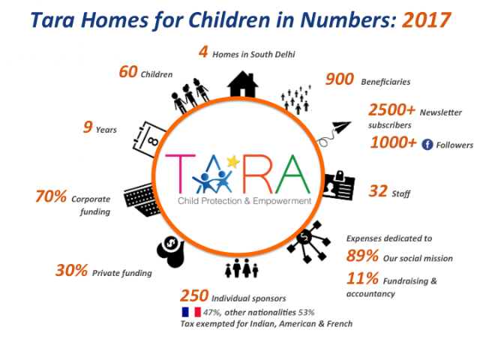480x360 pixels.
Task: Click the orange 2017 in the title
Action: click(x=427, y=20)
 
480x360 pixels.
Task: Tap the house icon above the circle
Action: click(x=242, y=84)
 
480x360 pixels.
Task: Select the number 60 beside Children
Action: click(x=128, y=72)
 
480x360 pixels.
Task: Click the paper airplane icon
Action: click(x=334, y=133)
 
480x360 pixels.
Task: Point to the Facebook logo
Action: click(x=427, y=144)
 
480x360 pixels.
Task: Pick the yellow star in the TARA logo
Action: click(x=232, y=161)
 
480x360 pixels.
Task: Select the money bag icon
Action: click(x=171, y=251)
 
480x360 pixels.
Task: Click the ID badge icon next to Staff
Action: click(x=339, y=186)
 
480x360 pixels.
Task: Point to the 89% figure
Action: click(x=362, y=256)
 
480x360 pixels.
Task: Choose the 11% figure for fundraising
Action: click(x=362, y=278)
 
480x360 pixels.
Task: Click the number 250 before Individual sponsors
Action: click(x=194, y=295)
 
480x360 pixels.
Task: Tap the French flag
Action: click(x=191, y=312)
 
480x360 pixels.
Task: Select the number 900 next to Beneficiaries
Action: click(x=340, y=79)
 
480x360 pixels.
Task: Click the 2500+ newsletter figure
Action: click(x=391, y=110)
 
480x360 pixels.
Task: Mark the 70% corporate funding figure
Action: click(x=51, y=196)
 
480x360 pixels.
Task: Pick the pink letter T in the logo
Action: click(x=180, y=173)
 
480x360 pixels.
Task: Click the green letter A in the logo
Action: click(x=292, y=174)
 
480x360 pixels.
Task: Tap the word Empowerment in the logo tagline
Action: click(x=282, y=202)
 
